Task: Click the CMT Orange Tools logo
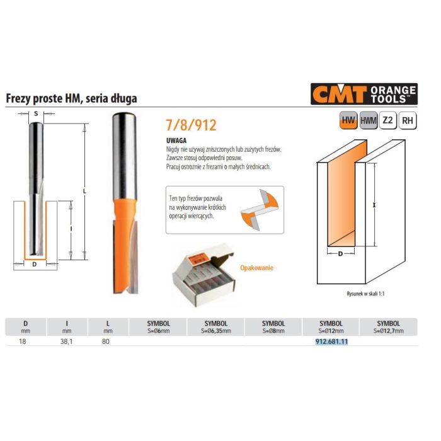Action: tap(364, 94)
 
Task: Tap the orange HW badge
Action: tap(348, 120)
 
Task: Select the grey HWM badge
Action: tap(369, 120)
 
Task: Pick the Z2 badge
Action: tap(388, 120)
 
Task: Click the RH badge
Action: tap(408, 120)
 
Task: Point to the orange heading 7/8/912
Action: tap(192, 125)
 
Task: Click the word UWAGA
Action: tap(176, 140)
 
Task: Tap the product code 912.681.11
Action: tap(331, 341)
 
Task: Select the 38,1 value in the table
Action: tap(66, 341)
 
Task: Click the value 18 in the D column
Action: tap(23, 341)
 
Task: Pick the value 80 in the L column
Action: tap(106, 341)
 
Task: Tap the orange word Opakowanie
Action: tap(256, 268)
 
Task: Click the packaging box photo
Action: tap(203, 275)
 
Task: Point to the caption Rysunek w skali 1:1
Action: tap(365, 294)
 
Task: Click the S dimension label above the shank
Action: tap(36, 113)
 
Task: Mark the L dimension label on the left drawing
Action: tap(84, 192)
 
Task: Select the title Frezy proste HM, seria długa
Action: tap(71, 98)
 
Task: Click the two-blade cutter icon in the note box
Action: tap(260, 210)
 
